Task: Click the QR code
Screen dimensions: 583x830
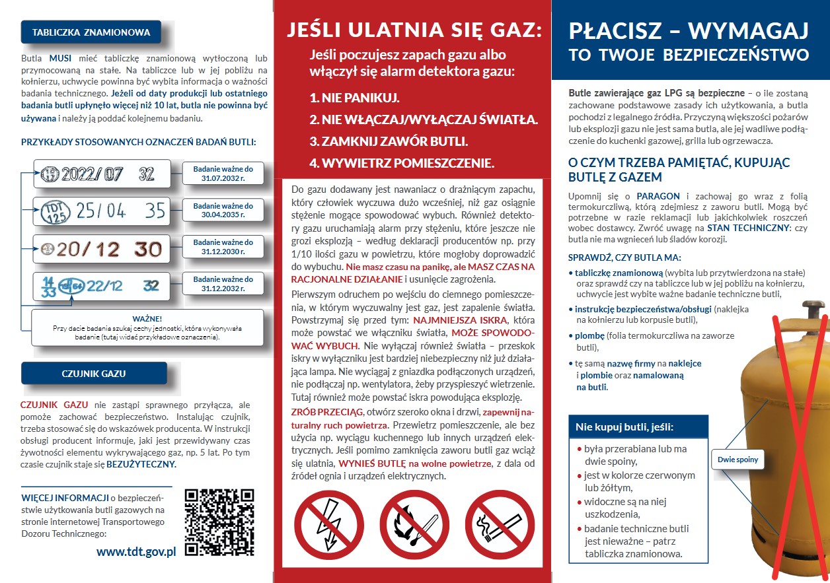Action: click(x=219, y=522)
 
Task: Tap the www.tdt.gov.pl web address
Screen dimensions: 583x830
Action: click(x=135, y=551)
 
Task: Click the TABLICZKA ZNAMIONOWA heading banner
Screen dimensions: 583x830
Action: click(x=91, y=32)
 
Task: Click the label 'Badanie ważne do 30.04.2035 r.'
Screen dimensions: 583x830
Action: click(x=223, y=210)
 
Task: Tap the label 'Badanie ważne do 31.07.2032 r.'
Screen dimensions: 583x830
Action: click(x=223, y=173)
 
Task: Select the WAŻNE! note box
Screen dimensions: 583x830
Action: click(x=147, y=327)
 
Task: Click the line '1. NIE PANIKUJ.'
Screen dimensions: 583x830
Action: click(x=354, y=98)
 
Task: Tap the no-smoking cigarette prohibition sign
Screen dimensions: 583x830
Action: click(x=500, y=524)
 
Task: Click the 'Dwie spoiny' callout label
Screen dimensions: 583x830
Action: click(x=737, y=460)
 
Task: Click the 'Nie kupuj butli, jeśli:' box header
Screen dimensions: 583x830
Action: click(x=624, y=427)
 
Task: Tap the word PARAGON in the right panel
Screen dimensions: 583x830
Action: click(x=658, y=197)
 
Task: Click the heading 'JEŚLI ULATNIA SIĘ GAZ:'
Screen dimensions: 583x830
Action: click(x=414, y=30)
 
